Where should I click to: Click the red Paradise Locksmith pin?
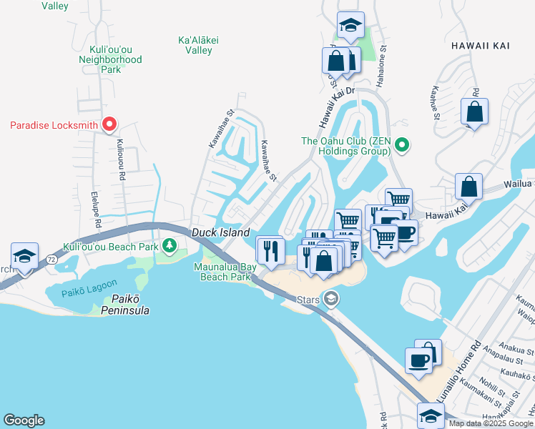tap(109, 124)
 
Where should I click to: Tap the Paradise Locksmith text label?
tap(54, 126)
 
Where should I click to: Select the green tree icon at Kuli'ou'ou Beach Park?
tap(170, 247)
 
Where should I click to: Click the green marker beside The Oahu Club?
tap(402, 146)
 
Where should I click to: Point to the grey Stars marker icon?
tap(330, 299)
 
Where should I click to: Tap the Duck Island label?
tap(220, 232)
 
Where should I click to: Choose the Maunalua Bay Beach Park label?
tap(225, 272)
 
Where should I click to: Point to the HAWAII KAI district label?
tap(481, 45)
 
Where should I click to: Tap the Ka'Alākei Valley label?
tap(195, 46)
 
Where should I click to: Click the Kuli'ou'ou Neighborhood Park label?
tap(110, 60)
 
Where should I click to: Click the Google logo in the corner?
tap(24, 420)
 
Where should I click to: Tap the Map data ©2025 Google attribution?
tap(491, 423)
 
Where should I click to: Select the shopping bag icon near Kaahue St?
tap(474, 112)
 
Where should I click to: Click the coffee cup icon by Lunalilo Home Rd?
tap(419, 360)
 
